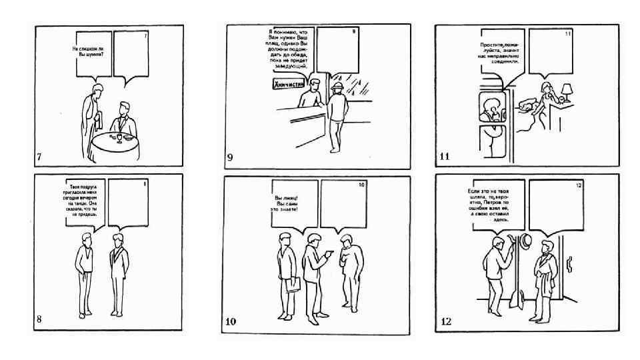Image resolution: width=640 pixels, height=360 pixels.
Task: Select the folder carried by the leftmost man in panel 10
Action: pos(291,285)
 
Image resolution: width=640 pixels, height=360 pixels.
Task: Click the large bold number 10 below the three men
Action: pos(231,322)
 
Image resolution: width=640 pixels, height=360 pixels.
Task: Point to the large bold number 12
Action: pos(446,322)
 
